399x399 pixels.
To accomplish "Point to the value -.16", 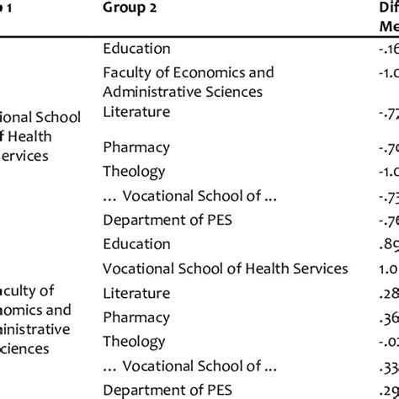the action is [x=388, y=49].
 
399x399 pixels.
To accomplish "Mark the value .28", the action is [x=388, y=294].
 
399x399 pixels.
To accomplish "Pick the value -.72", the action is [x=388, y=112].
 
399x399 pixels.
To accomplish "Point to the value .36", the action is [x=388, y=317].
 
